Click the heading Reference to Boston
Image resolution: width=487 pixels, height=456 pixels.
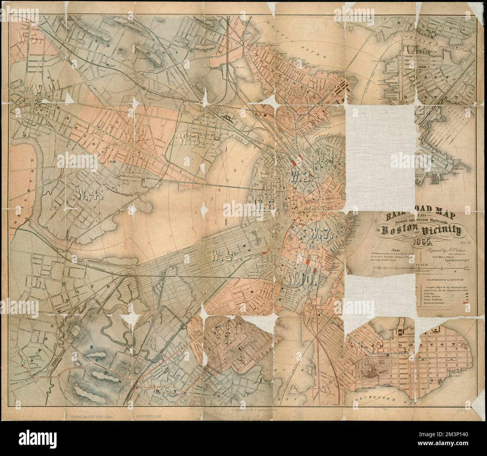[444, 279]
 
